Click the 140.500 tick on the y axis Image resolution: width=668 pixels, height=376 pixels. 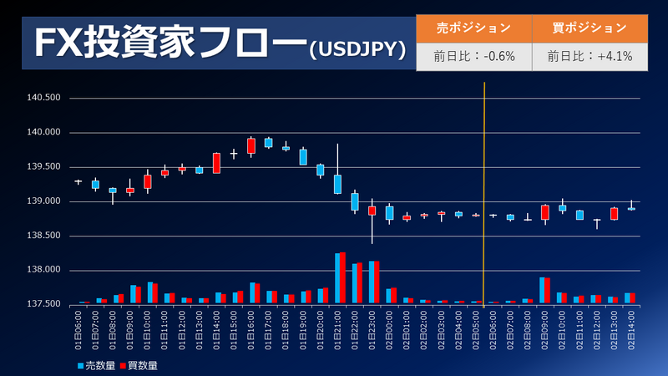click(44, 98)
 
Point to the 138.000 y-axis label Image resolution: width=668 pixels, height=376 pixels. click(44, 270)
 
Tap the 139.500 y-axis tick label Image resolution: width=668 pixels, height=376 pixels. click(44, 167)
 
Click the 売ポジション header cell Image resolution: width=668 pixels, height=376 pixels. click(473, 28)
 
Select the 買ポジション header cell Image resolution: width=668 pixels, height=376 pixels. click(590, 28)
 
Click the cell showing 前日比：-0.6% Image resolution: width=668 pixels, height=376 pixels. click(473, 57)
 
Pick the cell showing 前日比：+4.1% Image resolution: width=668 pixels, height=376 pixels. click(590, 57)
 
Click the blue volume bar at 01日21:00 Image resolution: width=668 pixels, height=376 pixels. click(337, 277)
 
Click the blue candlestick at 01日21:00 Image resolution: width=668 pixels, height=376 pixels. click(337, 184)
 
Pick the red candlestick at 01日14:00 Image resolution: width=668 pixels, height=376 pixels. click(216, 163)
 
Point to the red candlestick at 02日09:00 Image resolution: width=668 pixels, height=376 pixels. click(545, 212)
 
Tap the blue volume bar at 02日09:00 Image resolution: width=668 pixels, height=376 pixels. click(542, 289)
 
